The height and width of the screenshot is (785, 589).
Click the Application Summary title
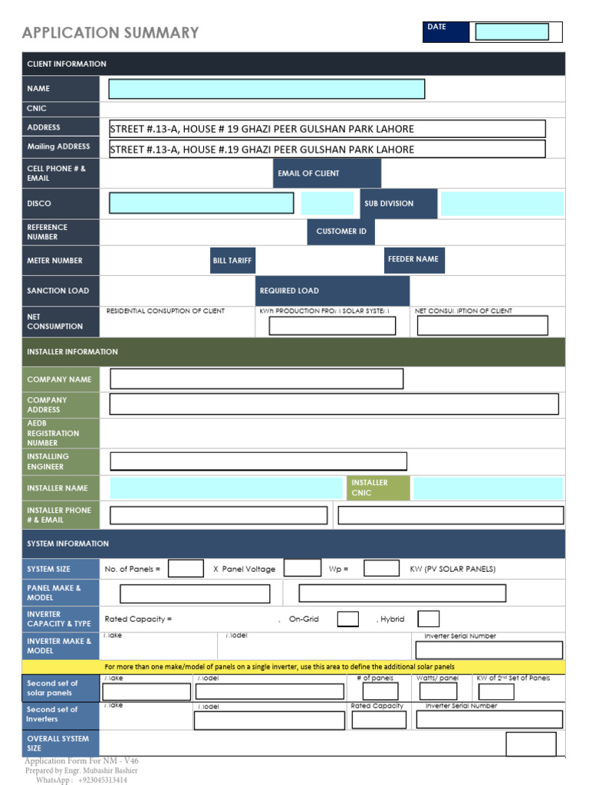110,33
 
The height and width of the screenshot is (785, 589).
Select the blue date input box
512,31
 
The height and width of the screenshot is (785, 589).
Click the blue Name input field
266,89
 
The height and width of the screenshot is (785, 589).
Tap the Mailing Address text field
327,149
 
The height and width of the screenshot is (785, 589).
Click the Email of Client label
327,173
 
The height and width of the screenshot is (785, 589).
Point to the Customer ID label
341,231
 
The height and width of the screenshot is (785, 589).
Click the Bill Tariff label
232,261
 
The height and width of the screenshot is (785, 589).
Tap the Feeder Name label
414,260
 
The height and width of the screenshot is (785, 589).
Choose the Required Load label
333,291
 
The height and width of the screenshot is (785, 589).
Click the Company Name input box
257,379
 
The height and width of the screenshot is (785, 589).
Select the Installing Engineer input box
258,461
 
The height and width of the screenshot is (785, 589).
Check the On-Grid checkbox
347,619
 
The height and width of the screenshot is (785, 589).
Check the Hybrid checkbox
429,619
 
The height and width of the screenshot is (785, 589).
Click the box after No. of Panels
186,568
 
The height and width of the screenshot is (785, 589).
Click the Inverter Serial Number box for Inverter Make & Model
489,650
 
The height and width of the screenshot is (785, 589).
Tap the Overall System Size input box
531,744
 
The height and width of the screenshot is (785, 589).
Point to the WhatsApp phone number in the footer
102,780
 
